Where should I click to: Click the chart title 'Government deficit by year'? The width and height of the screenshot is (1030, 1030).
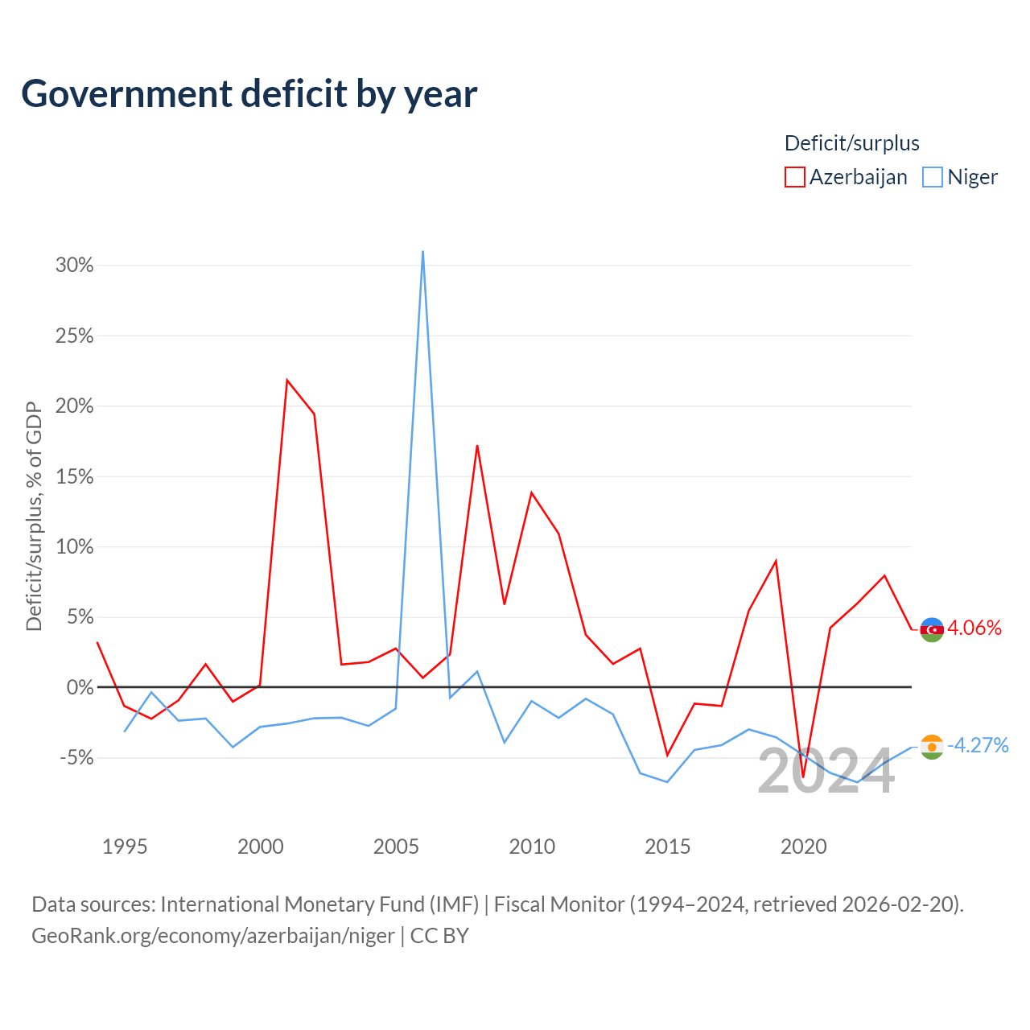pos(249,93)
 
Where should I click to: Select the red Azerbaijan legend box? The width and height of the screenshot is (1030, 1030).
pos(794,177)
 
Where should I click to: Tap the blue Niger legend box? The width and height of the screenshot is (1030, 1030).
pos(932,177)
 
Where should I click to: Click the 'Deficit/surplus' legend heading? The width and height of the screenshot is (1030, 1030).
pos(851,143)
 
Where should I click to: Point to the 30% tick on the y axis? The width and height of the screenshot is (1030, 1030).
pos(74,265)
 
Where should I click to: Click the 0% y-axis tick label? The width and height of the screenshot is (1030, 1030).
pos(80,687)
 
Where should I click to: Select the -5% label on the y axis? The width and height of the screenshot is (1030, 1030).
pos(76,758)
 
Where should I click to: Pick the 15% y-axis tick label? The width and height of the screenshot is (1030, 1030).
pos(74,476)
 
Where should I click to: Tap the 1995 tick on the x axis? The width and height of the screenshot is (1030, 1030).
pos(125,847)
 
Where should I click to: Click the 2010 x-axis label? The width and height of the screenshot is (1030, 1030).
pos(532,847)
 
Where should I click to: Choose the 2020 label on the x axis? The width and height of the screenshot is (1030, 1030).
pos(803,847)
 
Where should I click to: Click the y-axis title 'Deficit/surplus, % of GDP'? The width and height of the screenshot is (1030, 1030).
pos(35,517)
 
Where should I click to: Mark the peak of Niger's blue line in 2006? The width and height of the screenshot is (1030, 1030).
pos(422,251)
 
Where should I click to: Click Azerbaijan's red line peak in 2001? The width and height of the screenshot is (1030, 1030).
pos(287,380)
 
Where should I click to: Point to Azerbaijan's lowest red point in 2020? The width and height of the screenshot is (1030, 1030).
pos(803,777)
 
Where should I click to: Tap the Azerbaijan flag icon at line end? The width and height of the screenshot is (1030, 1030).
pos(932,629)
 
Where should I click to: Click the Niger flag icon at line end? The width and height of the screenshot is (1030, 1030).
pos(932,747)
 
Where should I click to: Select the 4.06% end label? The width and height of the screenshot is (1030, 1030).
pos(974,628)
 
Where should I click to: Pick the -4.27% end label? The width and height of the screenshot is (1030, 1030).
pos(978,745)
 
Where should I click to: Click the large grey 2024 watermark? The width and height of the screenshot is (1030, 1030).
pos(826,772)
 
